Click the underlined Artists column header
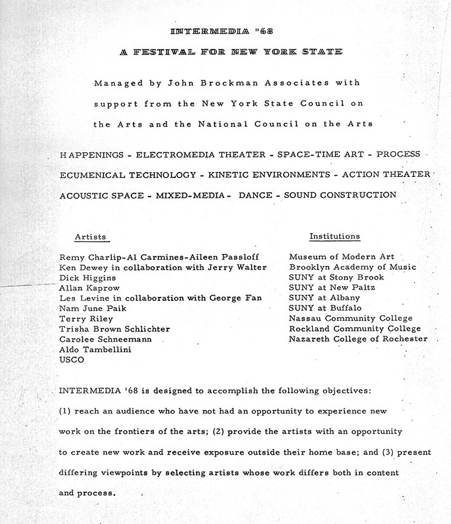[90, 237]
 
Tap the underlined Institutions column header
[334, 237]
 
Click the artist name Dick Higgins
[87, 278]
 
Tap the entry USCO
[72, 359]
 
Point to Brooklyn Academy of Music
[353, 267]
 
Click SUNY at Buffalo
[325, 308]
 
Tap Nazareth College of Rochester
[358, 339]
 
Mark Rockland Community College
[355, 328]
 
